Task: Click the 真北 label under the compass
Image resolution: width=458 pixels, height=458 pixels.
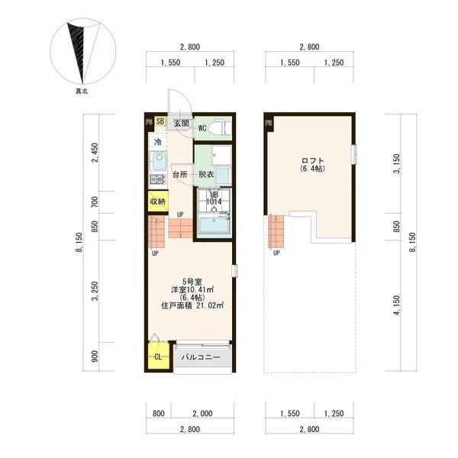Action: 82,92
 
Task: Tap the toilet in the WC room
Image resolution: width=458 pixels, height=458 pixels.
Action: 221,127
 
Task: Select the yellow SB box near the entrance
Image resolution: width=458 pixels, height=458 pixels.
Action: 160,121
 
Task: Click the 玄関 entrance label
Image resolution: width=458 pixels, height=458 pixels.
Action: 182,123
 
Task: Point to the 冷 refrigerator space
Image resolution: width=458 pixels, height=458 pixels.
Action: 158,142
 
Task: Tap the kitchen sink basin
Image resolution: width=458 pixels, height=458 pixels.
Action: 160,161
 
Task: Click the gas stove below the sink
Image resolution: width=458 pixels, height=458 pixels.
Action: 158,179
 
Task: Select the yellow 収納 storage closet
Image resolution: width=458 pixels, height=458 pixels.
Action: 158,202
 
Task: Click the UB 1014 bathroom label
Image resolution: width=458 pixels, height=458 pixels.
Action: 214,198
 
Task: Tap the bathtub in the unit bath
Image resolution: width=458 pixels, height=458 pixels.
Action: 214,225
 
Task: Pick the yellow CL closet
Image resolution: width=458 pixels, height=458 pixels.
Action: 158,356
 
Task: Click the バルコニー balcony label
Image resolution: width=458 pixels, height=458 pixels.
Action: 201,357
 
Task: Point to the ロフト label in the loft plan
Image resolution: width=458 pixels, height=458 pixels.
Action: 312,160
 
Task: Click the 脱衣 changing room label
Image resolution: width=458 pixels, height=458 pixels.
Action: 206,175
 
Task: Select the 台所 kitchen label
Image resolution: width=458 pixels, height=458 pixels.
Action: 180,175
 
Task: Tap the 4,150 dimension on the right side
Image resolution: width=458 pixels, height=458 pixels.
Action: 396,305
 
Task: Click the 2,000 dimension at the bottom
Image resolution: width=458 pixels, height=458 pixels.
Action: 202,413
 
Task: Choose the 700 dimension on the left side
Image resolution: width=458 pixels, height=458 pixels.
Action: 95,202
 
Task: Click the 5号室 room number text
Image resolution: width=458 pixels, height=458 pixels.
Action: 192,282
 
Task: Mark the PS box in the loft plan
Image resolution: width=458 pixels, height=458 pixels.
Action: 269,123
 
